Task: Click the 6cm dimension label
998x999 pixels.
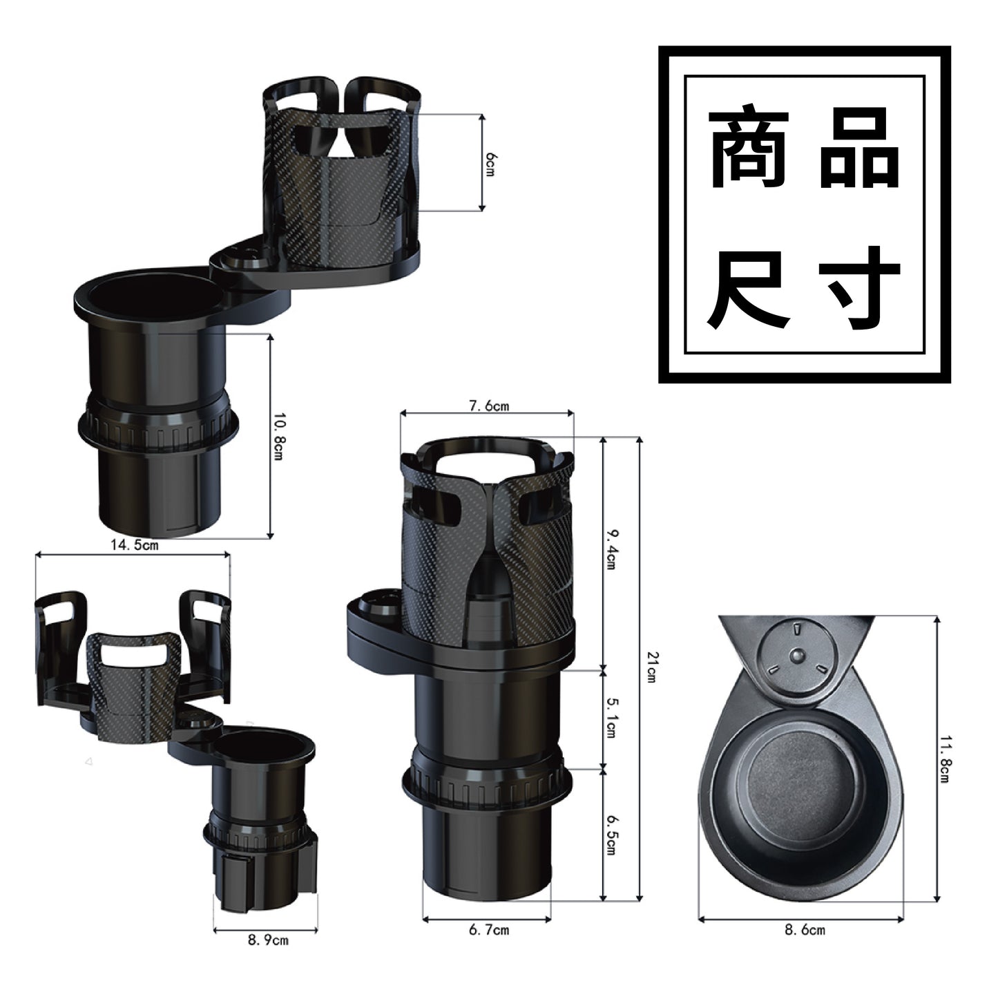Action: pos(490,164)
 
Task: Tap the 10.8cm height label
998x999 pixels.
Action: pos(278,436)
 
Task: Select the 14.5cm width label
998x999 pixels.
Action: pos(134,545)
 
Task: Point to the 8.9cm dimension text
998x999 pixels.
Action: pos(268,940)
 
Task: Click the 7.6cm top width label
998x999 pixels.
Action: pos(488,406)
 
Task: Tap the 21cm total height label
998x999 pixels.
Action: pos(650,667)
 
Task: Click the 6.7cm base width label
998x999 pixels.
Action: pos(488,930)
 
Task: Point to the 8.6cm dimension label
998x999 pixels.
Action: pos(805,930)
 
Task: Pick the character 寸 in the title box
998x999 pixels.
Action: pos(860,289)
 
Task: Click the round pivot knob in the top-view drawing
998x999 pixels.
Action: pos(798,653)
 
